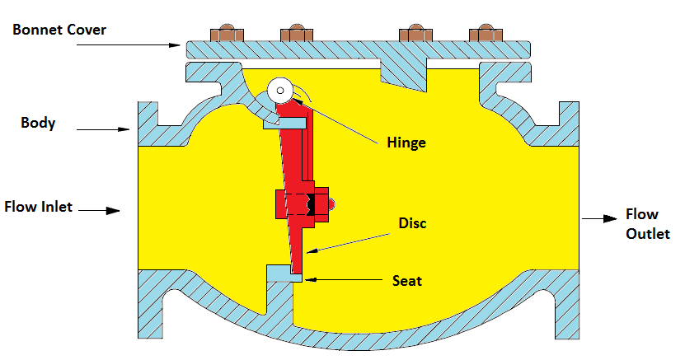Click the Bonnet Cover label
coord(59,30)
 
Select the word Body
coord(38,124)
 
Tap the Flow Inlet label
coord(38,206)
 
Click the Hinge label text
coord(406,143)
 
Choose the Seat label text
coord(406,281)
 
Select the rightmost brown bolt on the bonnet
coord(486,35)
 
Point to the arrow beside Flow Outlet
coord(600,219)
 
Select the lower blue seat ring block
coord(279,274)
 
